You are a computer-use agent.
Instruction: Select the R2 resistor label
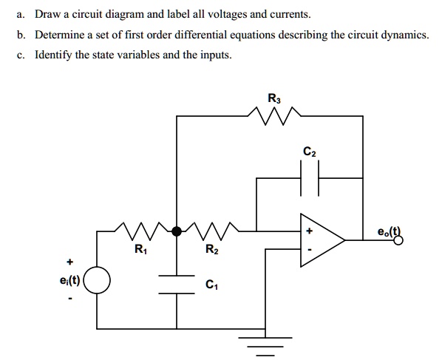click(212, 249)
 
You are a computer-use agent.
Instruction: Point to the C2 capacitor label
click(310, 153)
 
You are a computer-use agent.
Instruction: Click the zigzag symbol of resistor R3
click(274, 114)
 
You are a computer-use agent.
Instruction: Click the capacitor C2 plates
click(310, 178)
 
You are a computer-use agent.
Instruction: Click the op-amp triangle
click(320, 240)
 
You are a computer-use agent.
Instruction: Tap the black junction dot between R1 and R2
click(176, 231)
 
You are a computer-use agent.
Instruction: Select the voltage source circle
click(98, 281)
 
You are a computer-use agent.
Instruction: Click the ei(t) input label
click(69, 281)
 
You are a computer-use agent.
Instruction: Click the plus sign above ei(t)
click(70, 261)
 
